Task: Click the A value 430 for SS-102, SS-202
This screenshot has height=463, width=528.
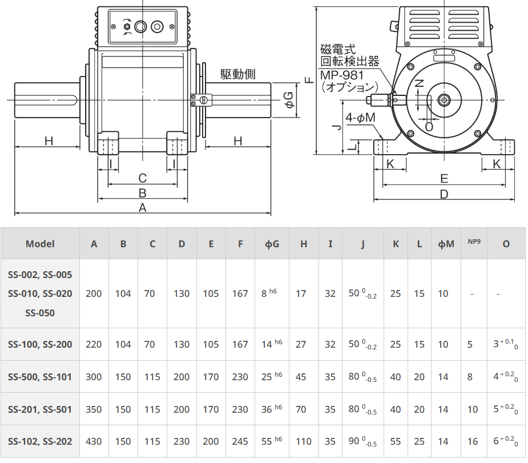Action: point(93,441)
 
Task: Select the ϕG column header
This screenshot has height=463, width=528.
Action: point(272,244)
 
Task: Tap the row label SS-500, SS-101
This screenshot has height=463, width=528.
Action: point(40,377)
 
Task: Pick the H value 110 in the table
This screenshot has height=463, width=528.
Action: point(304,441)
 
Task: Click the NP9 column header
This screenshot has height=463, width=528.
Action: point(474,241)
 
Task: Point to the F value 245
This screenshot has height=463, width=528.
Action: point(240,441)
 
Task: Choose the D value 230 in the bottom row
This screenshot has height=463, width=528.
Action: point(182,441)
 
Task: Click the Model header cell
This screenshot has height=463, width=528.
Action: point(40,244)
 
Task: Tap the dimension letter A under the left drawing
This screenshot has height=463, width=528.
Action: point(143,208)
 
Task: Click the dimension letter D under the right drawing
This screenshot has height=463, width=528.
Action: point(444,194)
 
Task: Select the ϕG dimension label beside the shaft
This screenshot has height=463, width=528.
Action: point(289,100)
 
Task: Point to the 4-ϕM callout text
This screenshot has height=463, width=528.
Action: point(360,118)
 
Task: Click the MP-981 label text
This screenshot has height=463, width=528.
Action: point(342,75)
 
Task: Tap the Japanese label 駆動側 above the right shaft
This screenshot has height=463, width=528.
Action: point(237,74)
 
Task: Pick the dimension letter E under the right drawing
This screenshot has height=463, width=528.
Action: point(444,179)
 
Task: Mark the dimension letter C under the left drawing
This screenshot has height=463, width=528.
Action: point(143,178)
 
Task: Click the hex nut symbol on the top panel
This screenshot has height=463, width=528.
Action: point(127,27)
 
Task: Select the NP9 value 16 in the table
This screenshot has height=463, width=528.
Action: point(473,441)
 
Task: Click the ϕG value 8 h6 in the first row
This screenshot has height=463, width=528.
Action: point(269,293)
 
